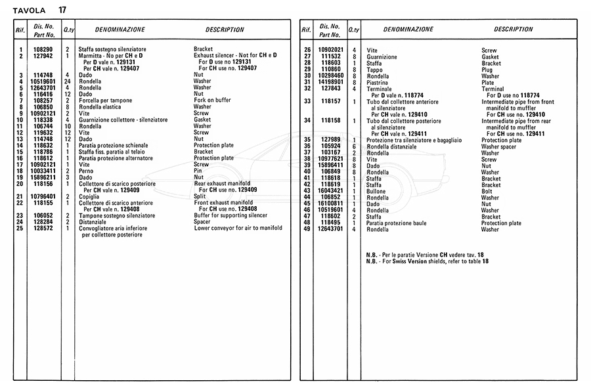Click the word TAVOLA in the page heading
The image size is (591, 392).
[x=28, y=10]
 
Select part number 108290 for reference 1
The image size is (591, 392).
[x=43, y=50]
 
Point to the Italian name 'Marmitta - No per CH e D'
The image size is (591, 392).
[x=112, y=56]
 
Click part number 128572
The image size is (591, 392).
[x=43, y=228]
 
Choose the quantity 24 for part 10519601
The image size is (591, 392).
[x=67, y=81]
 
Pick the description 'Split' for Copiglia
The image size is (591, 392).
[x=200, y=196]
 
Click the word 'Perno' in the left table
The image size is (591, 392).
[x=86, y=171]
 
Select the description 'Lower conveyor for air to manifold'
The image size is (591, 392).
[x=238, y=228]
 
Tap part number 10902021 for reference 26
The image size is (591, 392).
[x=331, y=51]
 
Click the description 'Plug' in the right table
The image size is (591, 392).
[x=487, y=70]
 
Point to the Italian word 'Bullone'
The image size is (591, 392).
[x=377, y=191]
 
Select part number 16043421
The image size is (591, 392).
[x=331, y=191]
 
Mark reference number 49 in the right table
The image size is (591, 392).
[x=307, y=229]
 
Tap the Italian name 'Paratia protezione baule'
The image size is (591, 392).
[x=396, y=223]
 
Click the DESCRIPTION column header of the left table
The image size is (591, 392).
[x=225, y=30]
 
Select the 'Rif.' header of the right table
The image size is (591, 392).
[x=307, y=30]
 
